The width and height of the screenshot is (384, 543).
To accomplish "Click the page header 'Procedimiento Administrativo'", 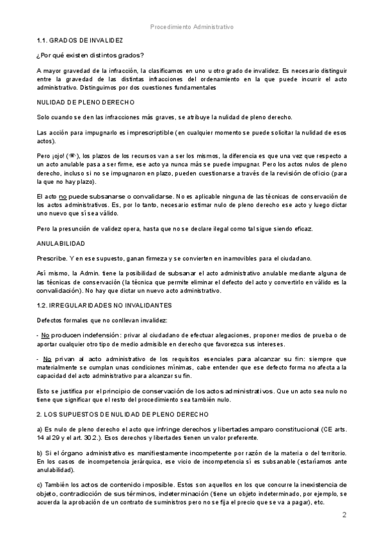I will coord(191,27).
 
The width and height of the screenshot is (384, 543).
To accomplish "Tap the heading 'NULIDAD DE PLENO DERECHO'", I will coord(85,102).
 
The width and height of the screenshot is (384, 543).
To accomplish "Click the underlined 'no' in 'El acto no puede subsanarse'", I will coord(63,195).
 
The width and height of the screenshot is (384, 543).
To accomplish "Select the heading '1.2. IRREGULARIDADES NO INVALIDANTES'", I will coord(104,306).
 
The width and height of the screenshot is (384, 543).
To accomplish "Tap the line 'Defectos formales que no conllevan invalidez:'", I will coord(102,320).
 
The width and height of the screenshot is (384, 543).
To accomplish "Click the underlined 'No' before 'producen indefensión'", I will coord(45,335).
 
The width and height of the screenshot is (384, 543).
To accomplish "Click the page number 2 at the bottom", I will coord(344,515).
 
